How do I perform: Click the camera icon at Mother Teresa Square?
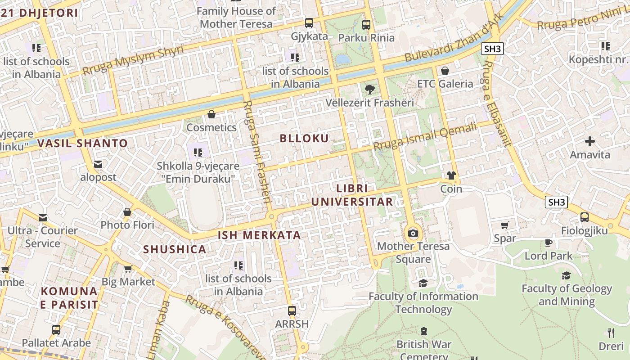[x=413, y=233]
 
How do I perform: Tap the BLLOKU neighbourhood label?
[x=305, y=138]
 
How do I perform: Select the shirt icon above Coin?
[x=451, y=175]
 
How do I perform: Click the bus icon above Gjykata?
[x=309, y=23]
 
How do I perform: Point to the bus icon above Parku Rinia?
[x=366, y=24]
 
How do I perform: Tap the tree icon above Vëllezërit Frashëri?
[x=370, y=89]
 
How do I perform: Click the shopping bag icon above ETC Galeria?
[x=445, y=71]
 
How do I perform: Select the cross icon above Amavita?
[x=589, y=141]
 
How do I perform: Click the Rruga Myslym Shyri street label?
[x=133, y=60]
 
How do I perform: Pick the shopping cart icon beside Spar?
[x=505, y=225]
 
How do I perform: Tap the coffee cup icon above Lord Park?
[x=548, y=243]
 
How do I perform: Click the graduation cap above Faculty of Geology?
[x=566, y=275]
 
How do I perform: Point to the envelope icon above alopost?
[x=98, y=164]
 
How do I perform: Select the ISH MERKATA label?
[x=259, y=235]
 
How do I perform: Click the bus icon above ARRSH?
[x=292, y=310]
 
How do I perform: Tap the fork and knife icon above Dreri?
[x=611, y=333]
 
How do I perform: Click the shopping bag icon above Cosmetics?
[x=211, y=114]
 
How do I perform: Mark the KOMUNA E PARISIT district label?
[x=69, y=297]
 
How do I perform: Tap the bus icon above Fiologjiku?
[x=584, y=217]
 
